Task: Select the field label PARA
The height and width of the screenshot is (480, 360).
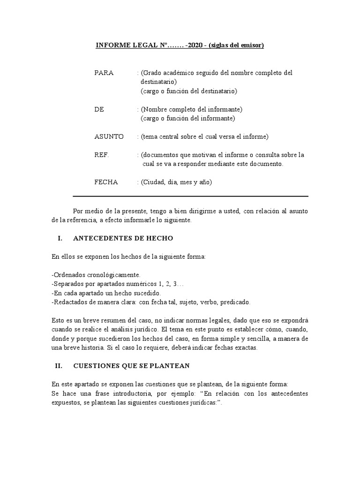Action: tap(104, 73)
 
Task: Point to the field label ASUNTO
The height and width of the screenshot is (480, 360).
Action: tap(109, 137)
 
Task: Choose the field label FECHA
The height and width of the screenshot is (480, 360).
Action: tap(106, 182)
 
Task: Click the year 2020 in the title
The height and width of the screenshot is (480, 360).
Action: tap(196, 45)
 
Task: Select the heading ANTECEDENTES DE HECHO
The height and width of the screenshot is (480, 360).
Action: tap(123, 238)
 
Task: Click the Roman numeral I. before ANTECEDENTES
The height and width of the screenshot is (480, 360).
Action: tap(60, 238)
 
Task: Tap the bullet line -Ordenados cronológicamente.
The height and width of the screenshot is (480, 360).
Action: tap(96, 275)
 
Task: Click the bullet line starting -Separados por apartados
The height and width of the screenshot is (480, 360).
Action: tap(118, 284)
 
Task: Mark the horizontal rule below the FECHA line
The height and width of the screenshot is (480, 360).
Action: tap(190, 196)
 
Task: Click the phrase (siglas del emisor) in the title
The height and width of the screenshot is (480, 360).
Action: tap(237, 45)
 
